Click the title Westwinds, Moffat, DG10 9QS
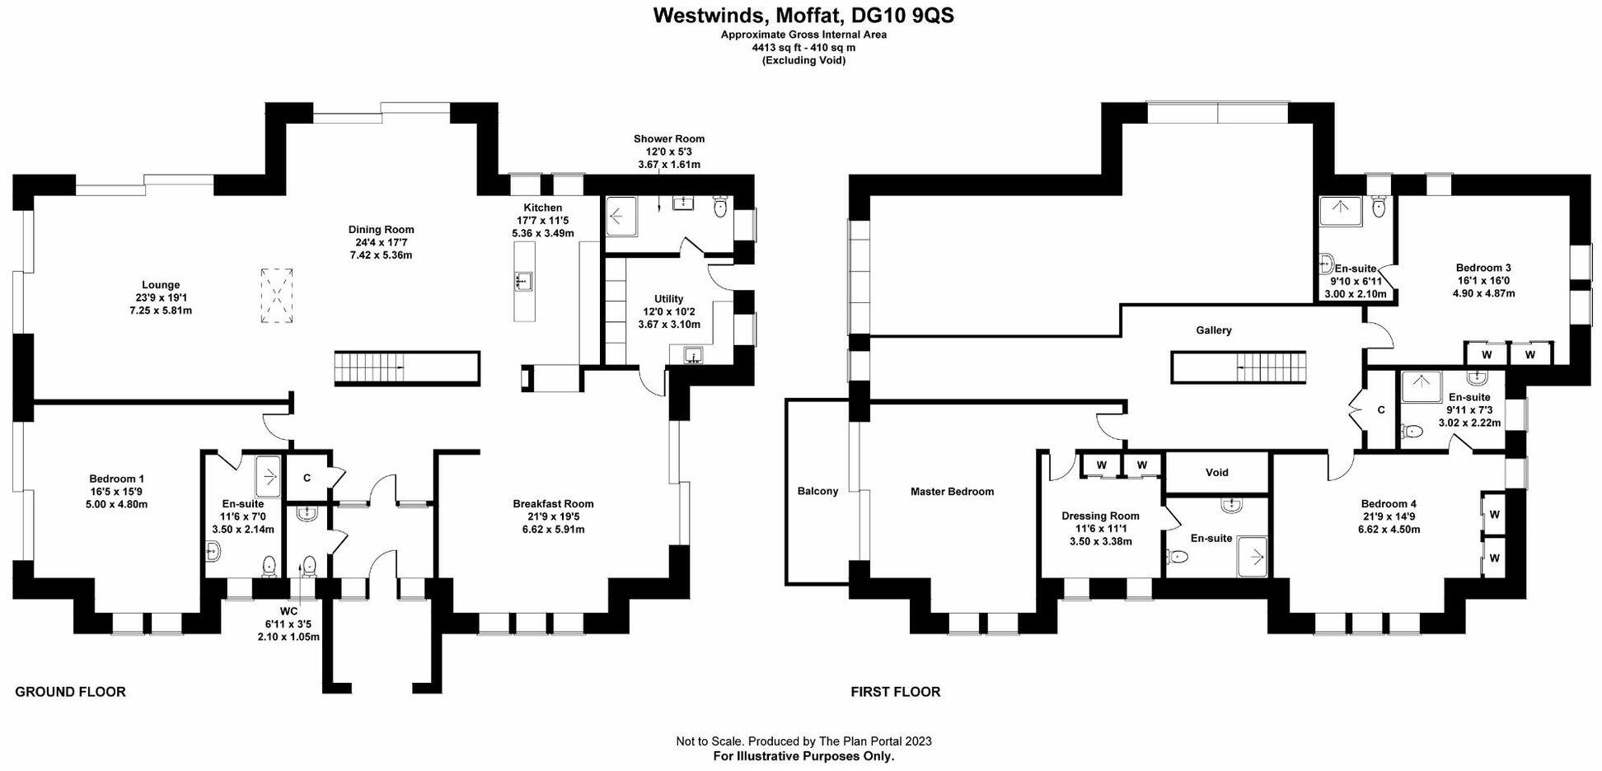[803, 16]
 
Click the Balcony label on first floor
[817, 492]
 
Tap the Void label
[1216, 473]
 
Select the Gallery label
[1214, 330]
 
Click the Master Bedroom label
[952, 492]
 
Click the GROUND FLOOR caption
[70, 692]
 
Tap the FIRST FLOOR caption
[895, 692]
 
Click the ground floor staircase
[406, 368]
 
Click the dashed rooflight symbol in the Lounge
[278, 296]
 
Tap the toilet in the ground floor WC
[309, 565]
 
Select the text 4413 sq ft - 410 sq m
[803, 48]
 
